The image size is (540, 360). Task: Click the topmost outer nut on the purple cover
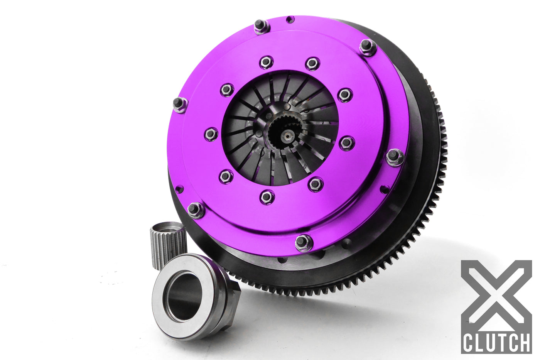[x=261, y=26]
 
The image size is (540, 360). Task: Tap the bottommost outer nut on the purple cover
[x=303, y=243]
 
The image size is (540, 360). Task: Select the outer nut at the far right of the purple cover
[x=394, y=157]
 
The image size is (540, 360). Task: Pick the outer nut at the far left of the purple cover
[x=179, y=104]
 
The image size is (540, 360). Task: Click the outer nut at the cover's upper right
[x=368, y=47]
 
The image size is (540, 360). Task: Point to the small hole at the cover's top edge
[x=290, y=19]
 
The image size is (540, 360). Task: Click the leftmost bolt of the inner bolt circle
[x=211, y=134]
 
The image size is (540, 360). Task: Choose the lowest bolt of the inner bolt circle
[x=267, y=197]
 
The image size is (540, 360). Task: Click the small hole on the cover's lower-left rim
[x=179, y=189]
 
